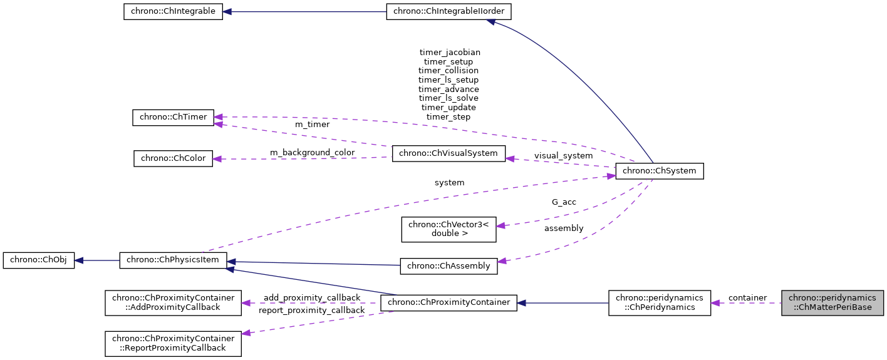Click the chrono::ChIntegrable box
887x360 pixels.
pyautogui.click(x=173, y=11)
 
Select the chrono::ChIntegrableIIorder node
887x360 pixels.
pyautogui.click(x=449, y=11)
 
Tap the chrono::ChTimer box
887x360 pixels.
pyautogui.click(x=174, y=117)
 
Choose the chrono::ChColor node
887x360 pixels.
pyautogui.click(x=174, y=158)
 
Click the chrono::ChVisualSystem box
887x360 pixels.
pyautogui.click(x=449, y=153)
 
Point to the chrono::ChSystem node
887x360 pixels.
pyautogui.click(x=660, y=171)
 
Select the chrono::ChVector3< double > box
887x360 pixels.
pyautogui.click(x=449, y=229)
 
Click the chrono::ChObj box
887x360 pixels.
pyautogui.click(x=39, y=260)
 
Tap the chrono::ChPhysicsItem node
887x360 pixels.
pyautogui.click(x=174, y=260)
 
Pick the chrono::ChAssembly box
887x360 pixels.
pyautogui.click(x=449, y=265)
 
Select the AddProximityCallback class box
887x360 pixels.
pyautogui.click(x=173, y=302)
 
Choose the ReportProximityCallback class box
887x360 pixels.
pyautogui.click(x=173, y=343)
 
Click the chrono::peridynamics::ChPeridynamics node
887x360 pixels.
pyautogui.click(x=660, y=302)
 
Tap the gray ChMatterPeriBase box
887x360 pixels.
pyautogui.click(x=833, y=302)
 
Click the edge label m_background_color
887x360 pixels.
pyautogui.click(x=312, y=152)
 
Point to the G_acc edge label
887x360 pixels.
pyautogui.click(x=564, y=202)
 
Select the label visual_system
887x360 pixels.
pyautogui.click(x=563, y=155)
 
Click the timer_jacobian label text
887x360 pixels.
pyautogui.click(x=449, y=53)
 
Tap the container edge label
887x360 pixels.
pyautogui.click(x=747, y=297)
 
